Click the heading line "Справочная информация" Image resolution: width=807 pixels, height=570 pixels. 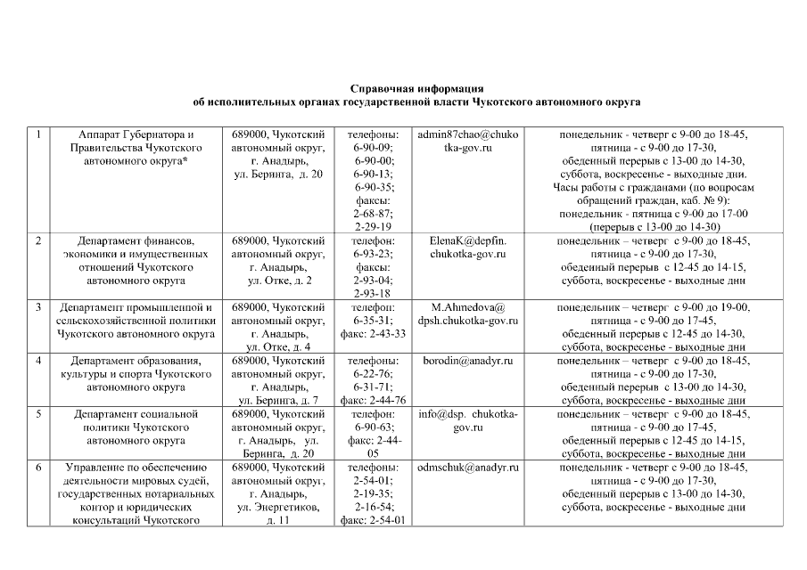click(x=416, y=89)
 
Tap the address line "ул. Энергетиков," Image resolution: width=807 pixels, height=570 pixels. click(x=276, y=508)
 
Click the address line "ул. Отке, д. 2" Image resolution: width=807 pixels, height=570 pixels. click(x=276, y=281)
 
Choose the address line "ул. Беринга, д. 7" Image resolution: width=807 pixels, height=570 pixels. click(x=276, y=401)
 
